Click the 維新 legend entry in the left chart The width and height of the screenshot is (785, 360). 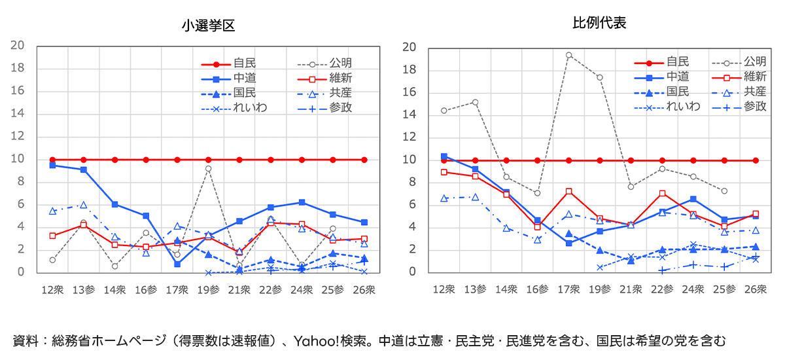coord(340,78)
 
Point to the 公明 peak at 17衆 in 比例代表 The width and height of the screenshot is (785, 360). coord(569,55)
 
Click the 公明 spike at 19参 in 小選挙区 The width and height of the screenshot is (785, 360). coord(208,168)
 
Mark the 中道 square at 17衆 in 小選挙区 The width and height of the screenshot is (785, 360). coord(177,264)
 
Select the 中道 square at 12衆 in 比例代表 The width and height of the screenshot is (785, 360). coord(444,156)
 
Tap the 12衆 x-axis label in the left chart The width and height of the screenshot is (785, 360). coord(52,289)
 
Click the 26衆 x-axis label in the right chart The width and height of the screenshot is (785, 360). coord(756,289)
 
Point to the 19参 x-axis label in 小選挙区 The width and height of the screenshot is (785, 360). coord(208,289)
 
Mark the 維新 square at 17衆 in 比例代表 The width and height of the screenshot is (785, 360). coord(569,191)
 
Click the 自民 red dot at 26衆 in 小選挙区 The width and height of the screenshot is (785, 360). coord(364,160)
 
